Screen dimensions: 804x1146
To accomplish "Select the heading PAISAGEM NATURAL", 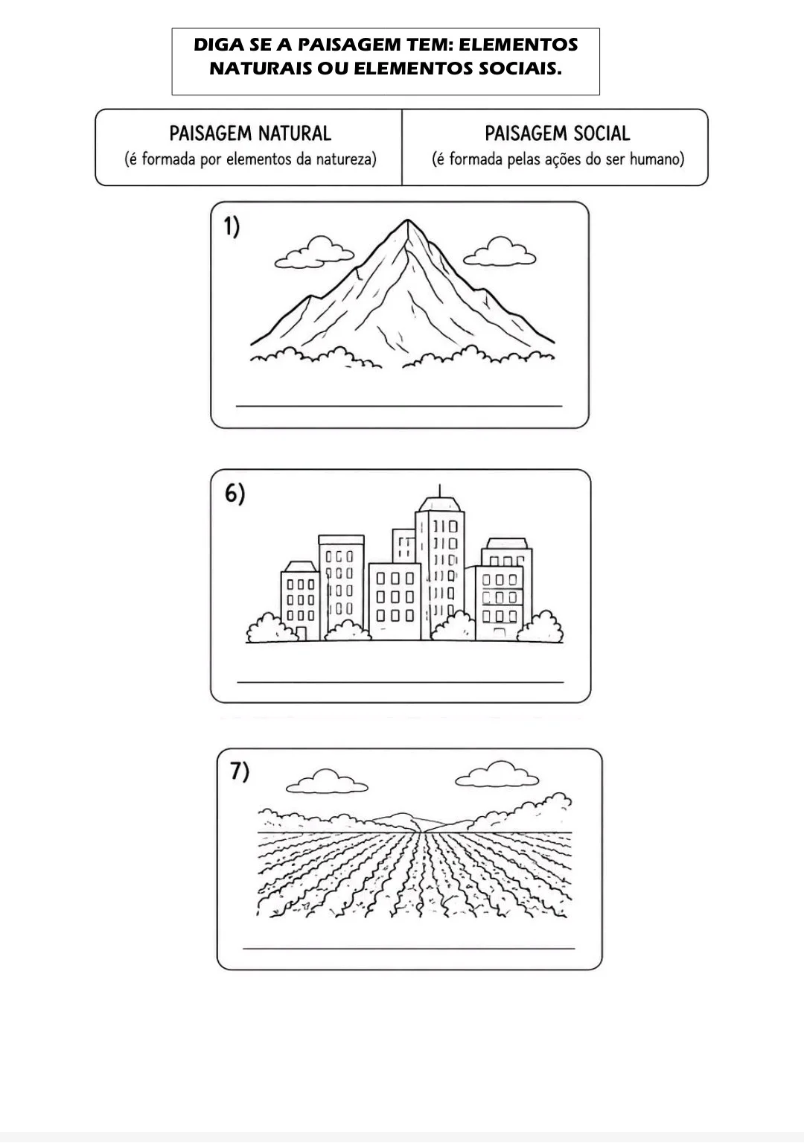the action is pyautogui.click(x=250, y=133).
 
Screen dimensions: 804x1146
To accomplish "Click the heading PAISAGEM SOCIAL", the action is pyautogui.click(x=557, y=133).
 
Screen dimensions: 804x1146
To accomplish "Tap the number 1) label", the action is pyautogui.click(x=232, y=226).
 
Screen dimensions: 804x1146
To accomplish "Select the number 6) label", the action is pyautogui.click(x=234, y=494).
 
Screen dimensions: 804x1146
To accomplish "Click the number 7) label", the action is pyautogui.click(x=240, y=772).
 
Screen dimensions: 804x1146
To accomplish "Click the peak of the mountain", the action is pyautogui.click(x=408, y=220).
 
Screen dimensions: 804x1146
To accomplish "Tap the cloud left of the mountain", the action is pyautogui.click(x=315, y=252).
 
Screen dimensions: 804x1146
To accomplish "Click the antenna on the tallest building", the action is pyautogui.click(x=439, y=491).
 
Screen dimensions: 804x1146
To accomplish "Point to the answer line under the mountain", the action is pyautogui.click(x=399, y=407).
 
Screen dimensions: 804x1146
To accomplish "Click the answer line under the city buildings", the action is pyautogui.click(x=401, y=682).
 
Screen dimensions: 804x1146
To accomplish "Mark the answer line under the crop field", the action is pyautogui.click(x=409, y=949).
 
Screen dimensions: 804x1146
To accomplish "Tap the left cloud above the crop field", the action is pyautogui.click(x=327, y=782).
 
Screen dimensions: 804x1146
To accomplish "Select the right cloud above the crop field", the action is pyautogui.click(x=497, y=774).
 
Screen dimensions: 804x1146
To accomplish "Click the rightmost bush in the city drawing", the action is pyautogui.click(x=540, y=627).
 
